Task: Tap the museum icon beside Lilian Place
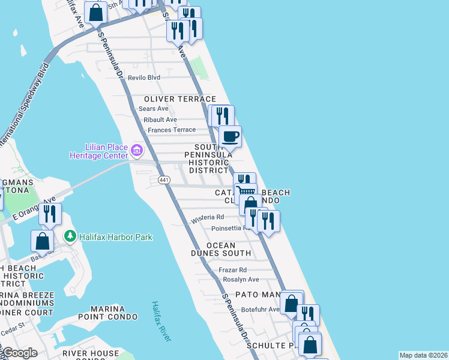tap(137, 149)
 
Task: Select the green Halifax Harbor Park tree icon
tap(70, 236)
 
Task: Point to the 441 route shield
tap(164, 180)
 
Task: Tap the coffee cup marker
tap(230, 137)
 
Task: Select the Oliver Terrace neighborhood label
tap(179, 99)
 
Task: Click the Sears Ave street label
tap(154, 109)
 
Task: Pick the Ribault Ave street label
tap(160, 119)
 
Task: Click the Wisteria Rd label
tap(207, 218)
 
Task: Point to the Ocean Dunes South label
tap(229, 250)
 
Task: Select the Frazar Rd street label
tap(234, 270)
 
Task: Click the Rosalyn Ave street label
tap(241, 280)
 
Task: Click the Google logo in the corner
tap(20, 353)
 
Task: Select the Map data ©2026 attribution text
tap(423, 355)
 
